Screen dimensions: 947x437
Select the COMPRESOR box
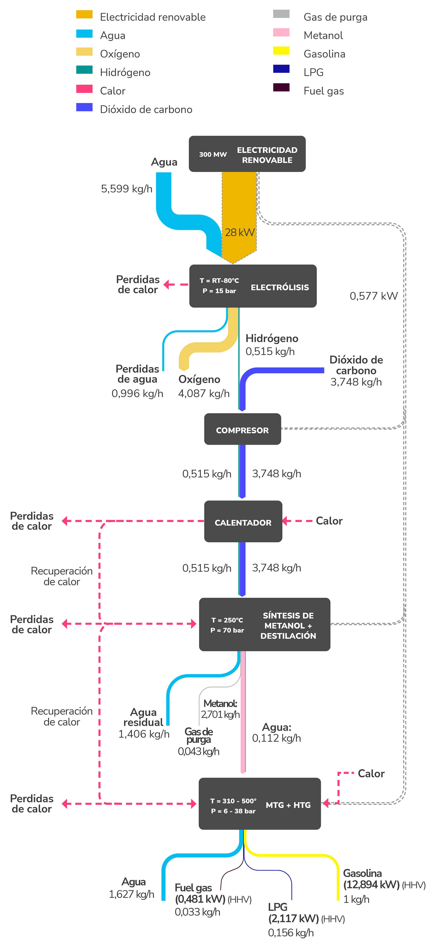pyautogui.click(x=242, y=429)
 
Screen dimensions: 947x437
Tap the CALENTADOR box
pyautogui.click(x=243, y=521)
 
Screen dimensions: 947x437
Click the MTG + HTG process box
pyautogui.click(x=259, y=803)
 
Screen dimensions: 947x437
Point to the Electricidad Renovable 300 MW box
pyautogui.click(x=247, y=154)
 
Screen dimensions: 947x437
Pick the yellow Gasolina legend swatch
pyautogui.click(x=281, y=51)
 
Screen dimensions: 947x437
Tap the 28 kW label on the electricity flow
pyautogui.click(x=239, y=232)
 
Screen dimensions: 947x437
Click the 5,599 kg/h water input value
pyautogui.click(x=126, y=189)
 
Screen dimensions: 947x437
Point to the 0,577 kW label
pyautogui.click(x=373, y=296)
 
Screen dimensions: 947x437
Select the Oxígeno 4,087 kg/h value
pyautogui.click(x=204, y=394)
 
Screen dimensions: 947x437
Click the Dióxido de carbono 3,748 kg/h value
pyautogui.click(x=356, y=382)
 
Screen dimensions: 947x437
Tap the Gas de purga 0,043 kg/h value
pyautogui.click(x=198, y=751)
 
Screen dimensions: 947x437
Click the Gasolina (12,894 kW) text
pyautogui.click(x=371, y=885)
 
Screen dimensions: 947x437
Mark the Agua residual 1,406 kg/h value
pyautogui.click(x=144, y=734)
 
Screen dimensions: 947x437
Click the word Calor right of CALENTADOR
pyautogui.click(x=329, y=521)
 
